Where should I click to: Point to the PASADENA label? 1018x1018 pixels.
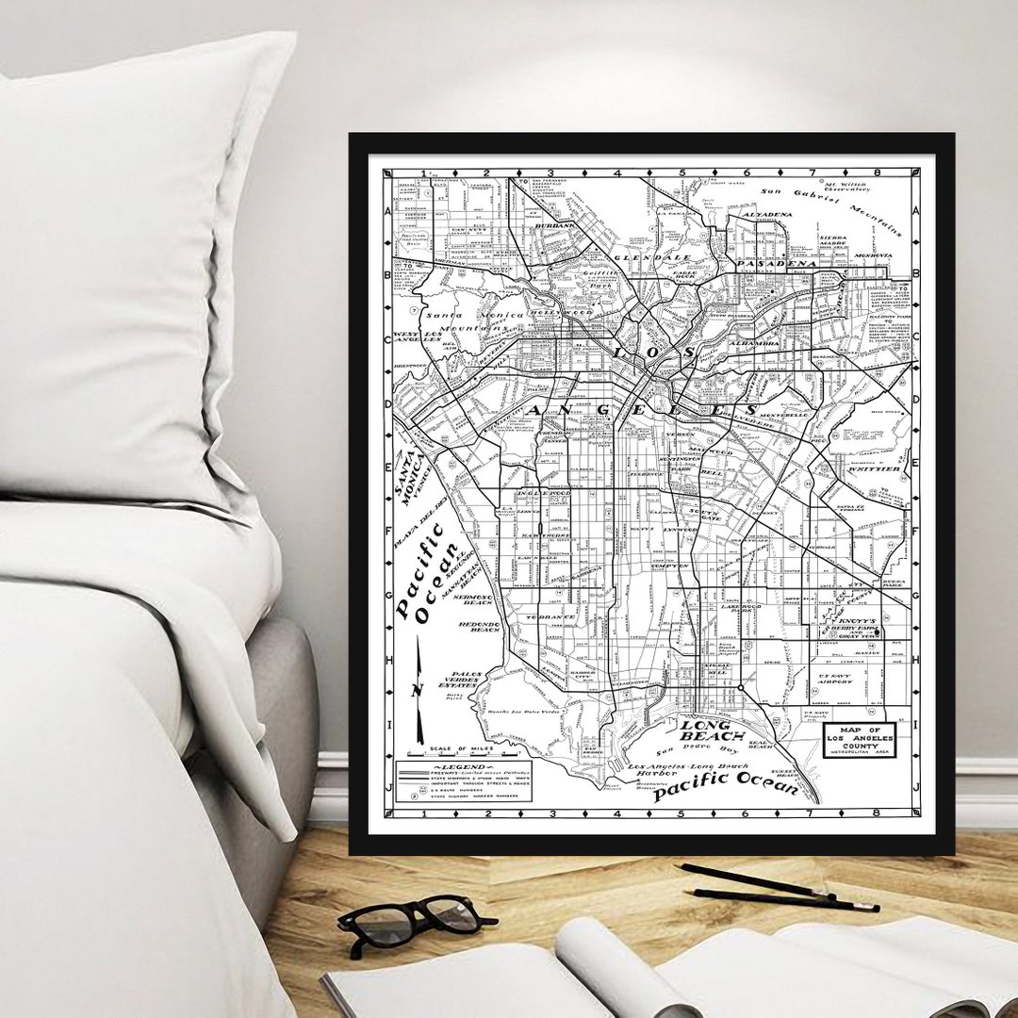[776, 264]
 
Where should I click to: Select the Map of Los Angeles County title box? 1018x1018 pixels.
[858, 741]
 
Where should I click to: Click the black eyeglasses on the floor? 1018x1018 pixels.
[415, 923]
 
